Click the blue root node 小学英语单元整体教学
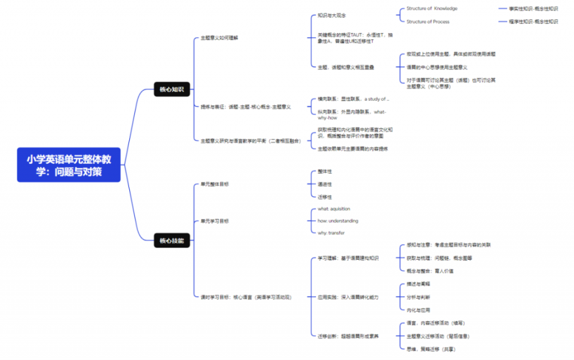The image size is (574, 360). coord(69,164)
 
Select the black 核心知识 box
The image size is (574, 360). coord(172,90)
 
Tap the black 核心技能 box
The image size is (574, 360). coord(172,241)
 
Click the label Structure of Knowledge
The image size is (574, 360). coord(432,8)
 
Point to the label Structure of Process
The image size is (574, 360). coord(428,22)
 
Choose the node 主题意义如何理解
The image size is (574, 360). coord(219,38)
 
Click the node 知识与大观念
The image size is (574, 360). coord(331,15)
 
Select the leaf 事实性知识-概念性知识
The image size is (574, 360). coord(533,8)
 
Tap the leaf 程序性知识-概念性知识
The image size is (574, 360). coord(533,22)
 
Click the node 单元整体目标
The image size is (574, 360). coord(215,184)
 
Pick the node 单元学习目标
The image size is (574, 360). coord(215,221)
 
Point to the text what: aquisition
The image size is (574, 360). coord(334,209)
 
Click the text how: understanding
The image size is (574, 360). coord(338,221)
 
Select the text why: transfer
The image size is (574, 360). coord(331,233)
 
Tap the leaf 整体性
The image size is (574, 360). coord(325,172)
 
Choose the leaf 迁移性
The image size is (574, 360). coord(325,197)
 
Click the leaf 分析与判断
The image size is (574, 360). coord(418,297)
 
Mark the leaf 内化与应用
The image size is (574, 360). coord(418,310)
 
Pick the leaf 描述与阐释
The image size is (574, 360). coord(418,284)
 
